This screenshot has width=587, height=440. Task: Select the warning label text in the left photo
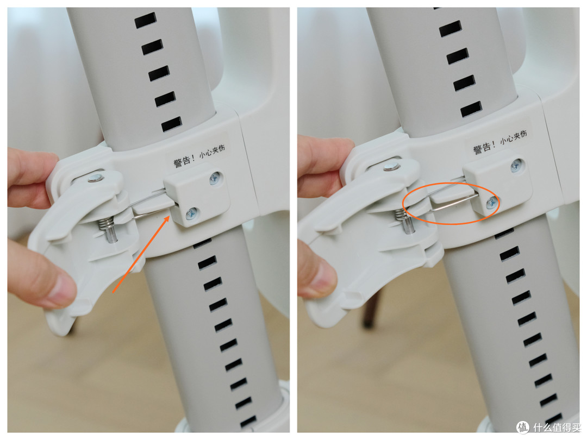[x=199, y=156]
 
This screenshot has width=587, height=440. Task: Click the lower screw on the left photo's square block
[x=192, y=213]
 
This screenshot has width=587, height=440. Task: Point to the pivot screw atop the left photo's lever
[x=96, y=178]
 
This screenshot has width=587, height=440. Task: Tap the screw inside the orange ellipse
[x=491, y=203]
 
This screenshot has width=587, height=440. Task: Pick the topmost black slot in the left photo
[x=145, y=20]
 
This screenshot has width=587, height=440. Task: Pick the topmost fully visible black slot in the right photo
[x=451, y=29]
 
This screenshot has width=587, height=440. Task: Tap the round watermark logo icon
[x=523, y=428]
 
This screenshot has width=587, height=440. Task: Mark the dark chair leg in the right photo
[x=370, y=310]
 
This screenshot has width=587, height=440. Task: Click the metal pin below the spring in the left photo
[x=111, y=236]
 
